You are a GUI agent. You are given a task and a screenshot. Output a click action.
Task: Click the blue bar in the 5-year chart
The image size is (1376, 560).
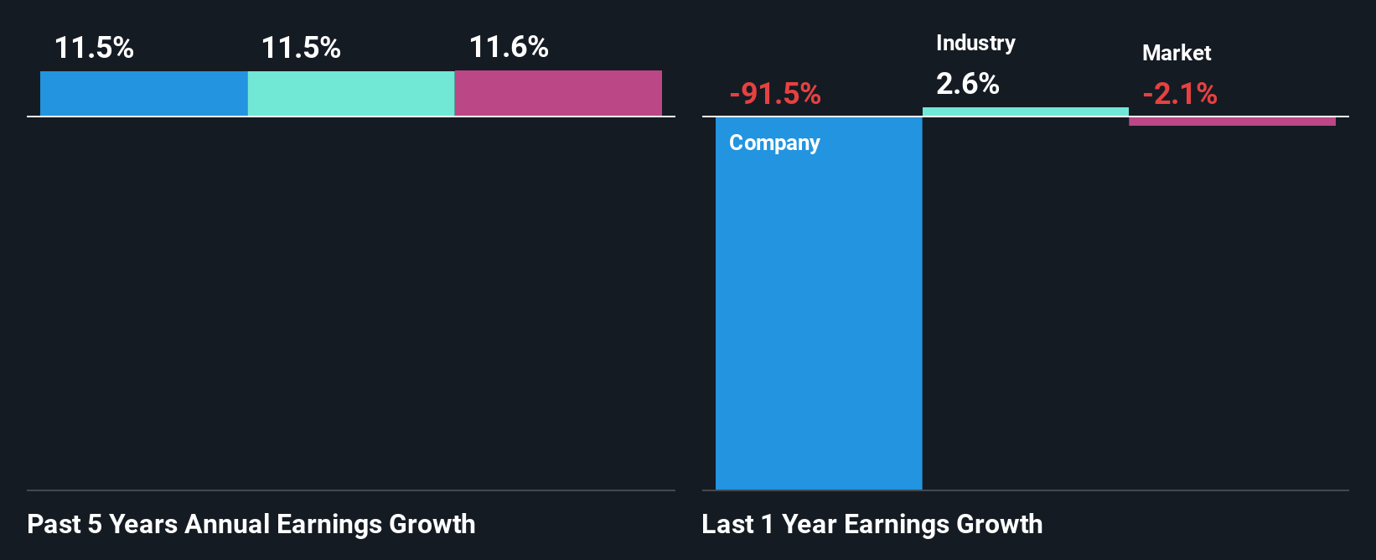[143, 93]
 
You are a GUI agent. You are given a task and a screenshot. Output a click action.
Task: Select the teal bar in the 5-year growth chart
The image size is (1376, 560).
[350, 93]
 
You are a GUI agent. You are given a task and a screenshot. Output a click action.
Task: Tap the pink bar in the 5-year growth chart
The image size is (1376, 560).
[558, 93]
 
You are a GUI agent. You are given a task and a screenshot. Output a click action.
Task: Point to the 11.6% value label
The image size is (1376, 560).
[509, 47]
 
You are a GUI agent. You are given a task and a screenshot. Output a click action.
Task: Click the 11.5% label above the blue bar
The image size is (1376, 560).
[94, 48]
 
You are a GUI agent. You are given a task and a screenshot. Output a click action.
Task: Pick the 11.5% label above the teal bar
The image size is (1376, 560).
[301, 48]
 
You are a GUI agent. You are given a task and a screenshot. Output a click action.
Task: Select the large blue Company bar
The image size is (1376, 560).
[819, 319]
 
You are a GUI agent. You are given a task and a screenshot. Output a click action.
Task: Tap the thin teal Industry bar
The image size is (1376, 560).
[1025, 111]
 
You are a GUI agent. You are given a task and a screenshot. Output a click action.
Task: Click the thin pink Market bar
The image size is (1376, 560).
[1232, 122]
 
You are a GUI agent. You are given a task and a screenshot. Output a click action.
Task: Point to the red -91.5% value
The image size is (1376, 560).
[775, 94]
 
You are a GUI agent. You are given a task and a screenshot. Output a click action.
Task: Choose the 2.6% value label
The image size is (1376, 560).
[968, 84]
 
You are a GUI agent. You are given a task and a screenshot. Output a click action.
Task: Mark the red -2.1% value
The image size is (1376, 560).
[1180, 94]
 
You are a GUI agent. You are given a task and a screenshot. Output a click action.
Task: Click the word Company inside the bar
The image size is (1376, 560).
[774, 143]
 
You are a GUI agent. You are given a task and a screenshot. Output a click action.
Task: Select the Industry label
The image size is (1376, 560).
[975, 43]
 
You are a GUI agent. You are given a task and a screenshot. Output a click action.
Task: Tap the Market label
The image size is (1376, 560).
[1177, 53]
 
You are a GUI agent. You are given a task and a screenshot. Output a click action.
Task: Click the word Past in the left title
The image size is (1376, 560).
[54, 524]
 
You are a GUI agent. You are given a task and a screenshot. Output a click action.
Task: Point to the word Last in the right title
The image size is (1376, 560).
[727, 524]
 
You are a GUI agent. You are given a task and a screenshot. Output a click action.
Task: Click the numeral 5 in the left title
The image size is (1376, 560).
[95, 524]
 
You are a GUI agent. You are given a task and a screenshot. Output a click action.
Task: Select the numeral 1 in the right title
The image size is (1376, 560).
[767, 524]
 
